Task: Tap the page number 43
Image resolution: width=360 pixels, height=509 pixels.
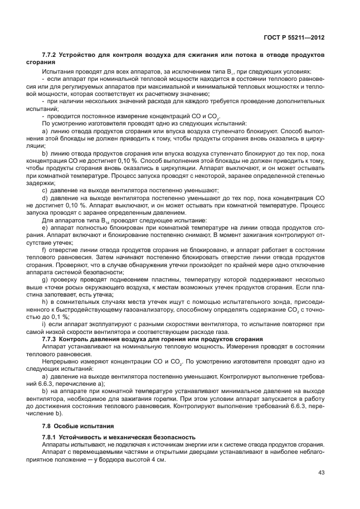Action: point(320,473)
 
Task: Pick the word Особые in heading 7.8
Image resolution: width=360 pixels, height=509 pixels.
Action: point(67,426)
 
